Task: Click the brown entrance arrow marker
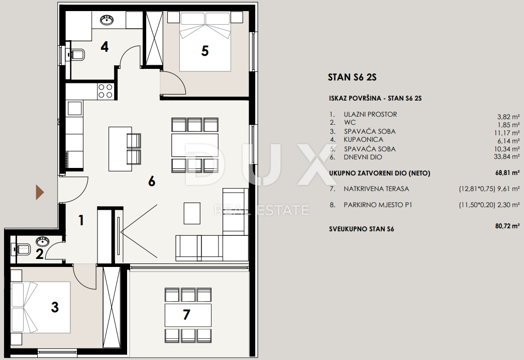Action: [40, 193]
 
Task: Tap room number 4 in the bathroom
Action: [104, 47]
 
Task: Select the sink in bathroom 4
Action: [107, 20]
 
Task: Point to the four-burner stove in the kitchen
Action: [106, 91]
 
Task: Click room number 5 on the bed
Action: [205, 51]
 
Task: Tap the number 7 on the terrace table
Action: [186, 315]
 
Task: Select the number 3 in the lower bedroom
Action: [55, 307]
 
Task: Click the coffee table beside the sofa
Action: [192, 213]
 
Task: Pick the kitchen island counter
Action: [120, 148]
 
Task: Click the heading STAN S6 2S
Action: [352, 77]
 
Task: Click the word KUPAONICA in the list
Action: [364, 139]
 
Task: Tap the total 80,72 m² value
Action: [507, 226]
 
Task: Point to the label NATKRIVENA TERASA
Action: [376, 189]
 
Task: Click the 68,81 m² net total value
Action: [507, 173]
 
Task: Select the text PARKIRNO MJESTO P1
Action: [378, 205]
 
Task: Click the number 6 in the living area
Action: [152, 182]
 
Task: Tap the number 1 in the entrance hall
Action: [81, 221]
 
